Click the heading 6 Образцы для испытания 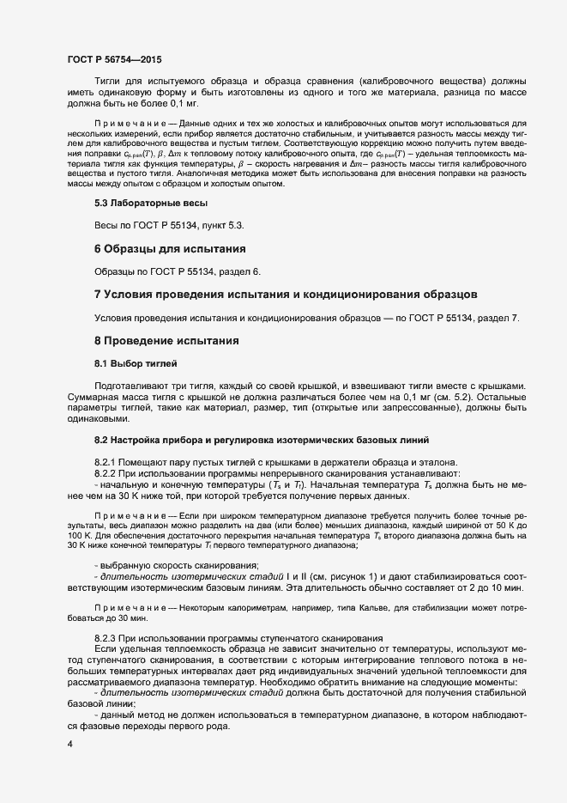click(170, 249)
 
